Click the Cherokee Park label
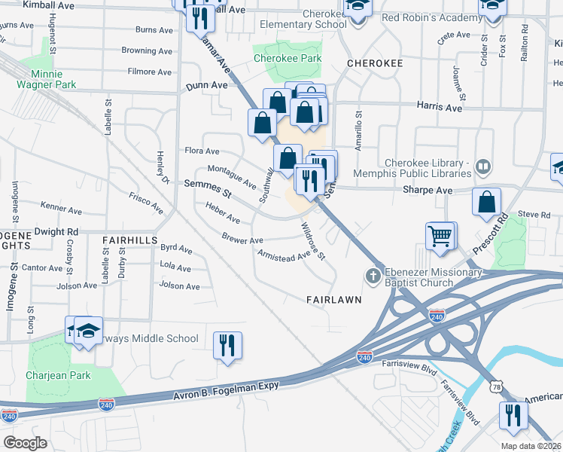(287, 58)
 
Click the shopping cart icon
(441, 235)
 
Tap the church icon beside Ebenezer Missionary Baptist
(372, 276)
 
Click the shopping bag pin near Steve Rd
(487, 201)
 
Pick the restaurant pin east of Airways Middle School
(227, 345)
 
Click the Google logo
(25, 442)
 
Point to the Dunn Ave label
(207, 87)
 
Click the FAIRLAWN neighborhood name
(333, 299)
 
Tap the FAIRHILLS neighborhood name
(129, 239)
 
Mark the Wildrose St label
(312, 241)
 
